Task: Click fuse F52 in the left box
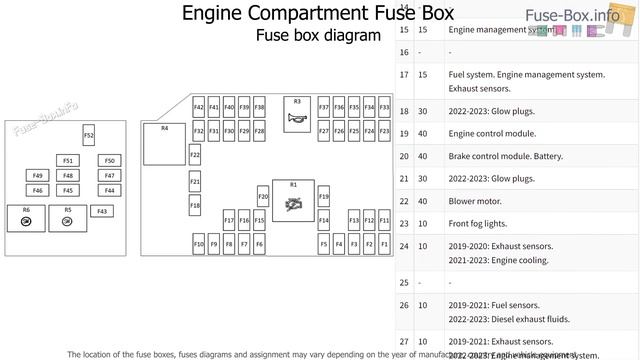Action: (88, 135)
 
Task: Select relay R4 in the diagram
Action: (165, 144)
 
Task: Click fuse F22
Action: (195, 155)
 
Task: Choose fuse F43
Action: (101, 211)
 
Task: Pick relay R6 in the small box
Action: (26, 217)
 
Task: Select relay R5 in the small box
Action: (67, 217)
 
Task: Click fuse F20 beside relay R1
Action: (263, 197)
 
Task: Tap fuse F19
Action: (324, 197)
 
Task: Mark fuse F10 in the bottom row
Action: (198, 243)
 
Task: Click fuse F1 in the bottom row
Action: (384, 243)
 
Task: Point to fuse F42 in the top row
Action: (198, 107)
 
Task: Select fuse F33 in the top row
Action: (369, 107)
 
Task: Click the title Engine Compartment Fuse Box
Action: (317, 13)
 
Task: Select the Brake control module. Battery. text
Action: (506, 156)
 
